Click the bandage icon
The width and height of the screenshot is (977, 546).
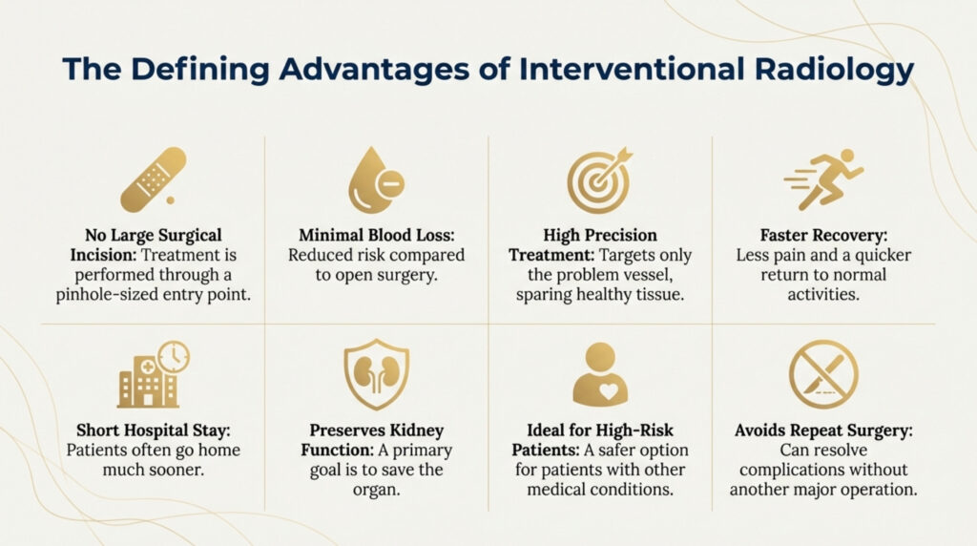[x=154, y=179]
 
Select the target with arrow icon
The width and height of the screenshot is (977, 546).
[x=599, y=180]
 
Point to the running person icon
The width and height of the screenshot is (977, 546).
[x=823, y=179]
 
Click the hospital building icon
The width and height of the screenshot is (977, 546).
[x=154, y=374]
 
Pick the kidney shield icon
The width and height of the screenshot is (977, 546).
[x=376, y=374]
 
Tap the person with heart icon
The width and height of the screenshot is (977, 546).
[x=600, y=374]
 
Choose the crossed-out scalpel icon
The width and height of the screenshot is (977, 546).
[x=823, y=374]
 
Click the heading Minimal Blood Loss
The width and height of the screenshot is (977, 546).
[x=376, y=235]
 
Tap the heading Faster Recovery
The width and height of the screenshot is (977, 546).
[x=823, y=235]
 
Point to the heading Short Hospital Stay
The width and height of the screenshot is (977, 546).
[x=154, y=430]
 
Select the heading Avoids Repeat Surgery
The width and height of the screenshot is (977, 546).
[x=823, y=430]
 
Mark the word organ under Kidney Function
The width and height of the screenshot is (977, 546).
[x=376, y=490]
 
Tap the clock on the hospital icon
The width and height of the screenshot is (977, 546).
[x=174, y=357]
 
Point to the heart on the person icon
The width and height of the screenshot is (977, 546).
[x=608, y=390]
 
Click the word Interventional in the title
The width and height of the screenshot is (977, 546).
[x=632, y=69]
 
